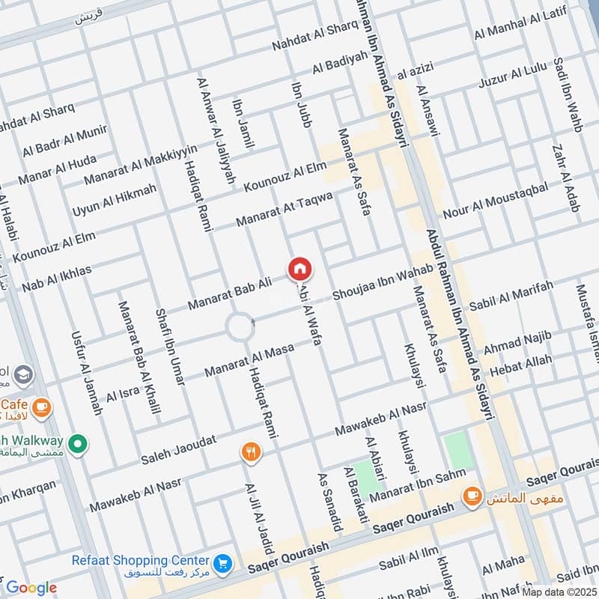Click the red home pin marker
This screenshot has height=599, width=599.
pyautogui.click(x=299, y=269)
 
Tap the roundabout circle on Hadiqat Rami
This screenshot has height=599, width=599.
pyautogui.click(x=240, y=327)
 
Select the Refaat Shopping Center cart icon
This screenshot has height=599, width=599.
pyautogui.click(x=222, y=562)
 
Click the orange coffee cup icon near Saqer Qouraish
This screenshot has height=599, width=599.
pyautogui.click(x=472, y=495)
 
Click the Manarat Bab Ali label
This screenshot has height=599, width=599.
pyautogui.click(x=229, y=294)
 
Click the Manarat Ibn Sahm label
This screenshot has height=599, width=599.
pyautogui.click(x=416, y=483)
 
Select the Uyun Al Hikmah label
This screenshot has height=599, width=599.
pyautogui.click(x=115, y=200)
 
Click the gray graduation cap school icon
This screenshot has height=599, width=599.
pyautogui.click(x=24, y=373)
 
